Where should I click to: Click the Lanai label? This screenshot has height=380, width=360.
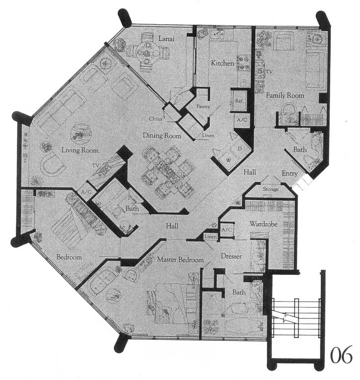click(166, 39)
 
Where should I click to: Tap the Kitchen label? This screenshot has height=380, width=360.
click(222, 63)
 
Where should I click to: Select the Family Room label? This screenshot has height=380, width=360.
click(285, 95)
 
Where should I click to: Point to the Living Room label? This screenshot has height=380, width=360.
click(80, 150)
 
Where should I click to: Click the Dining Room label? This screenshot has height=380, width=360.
click(162, 135)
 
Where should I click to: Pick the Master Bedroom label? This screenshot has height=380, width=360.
click(180, 259)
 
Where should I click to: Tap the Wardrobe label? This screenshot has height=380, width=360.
click(263, 224)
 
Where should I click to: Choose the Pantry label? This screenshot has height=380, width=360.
click(203, 106)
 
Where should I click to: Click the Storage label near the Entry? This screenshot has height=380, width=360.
click(271, 189)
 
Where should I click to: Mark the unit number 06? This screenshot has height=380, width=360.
click(341, 355)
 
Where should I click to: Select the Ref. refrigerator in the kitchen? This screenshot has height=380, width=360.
click(239, 101)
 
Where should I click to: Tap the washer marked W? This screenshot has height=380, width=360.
click(228, 160)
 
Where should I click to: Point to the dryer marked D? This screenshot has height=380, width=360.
click(240, 148)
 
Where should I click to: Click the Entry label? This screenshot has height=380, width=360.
click(290, 174)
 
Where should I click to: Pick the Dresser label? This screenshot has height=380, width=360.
click(231, 256)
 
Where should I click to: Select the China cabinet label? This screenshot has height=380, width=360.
click(156, 119)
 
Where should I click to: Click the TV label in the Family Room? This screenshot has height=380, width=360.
click(269, 72)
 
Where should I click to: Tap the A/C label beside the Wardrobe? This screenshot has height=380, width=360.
click(227, 229)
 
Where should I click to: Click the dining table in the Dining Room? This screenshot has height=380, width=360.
click(168, 171)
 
